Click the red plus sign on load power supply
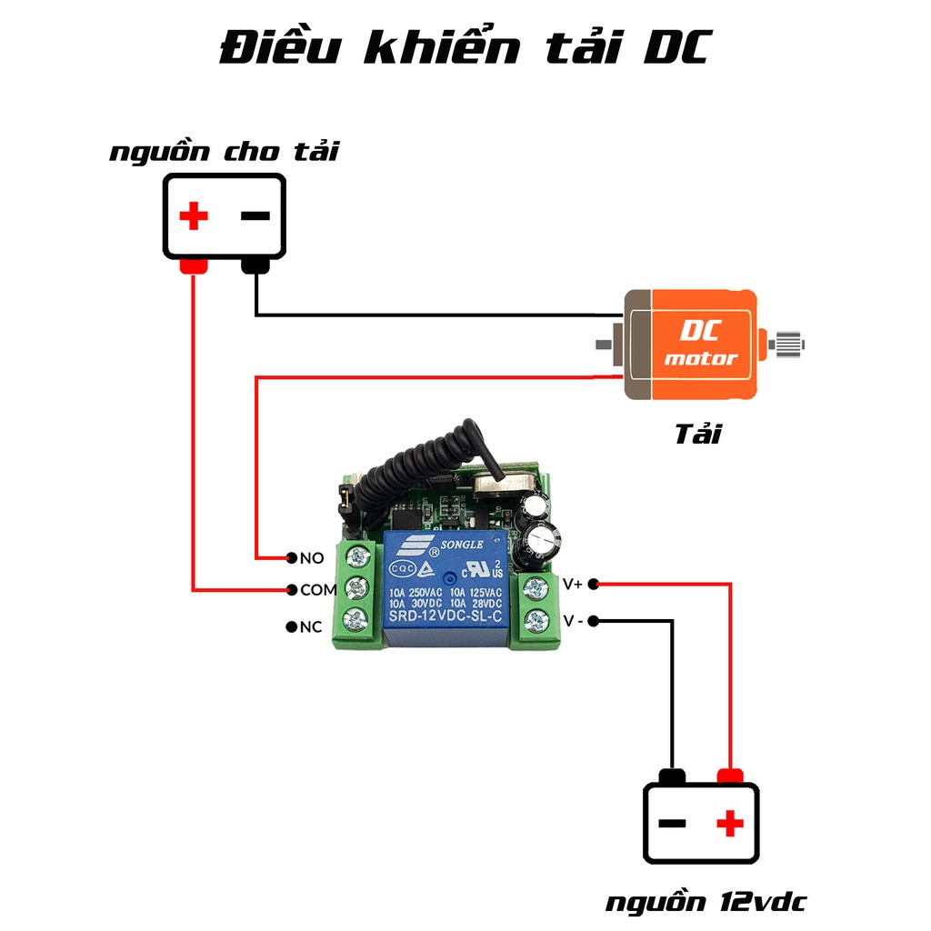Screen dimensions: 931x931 coord(193,216)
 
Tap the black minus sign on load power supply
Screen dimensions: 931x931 coord(255,216)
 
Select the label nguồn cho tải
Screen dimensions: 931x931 coord(224,151)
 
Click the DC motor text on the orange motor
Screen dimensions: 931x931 coord(700,345)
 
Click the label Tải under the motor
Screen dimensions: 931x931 coord(697,434)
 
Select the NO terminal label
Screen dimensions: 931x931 coord(312,557)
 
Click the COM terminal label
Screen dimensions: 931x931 coord(318,590)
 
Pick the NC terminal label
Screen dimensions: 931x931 coord(311,626)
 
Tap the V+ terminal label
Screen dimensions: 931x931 coord(573,584)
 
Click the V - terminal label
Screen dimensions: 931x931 coord(573,621)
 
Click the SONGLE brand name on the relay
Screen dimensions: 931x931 coord(464,545)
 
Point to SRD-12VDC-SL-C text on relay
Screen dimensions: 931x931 coord(445,618)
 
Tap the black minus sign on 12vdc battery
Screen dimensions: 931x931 coord(672,824)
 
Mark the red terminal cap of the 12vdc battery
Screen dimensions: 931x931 coord(730,776)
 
